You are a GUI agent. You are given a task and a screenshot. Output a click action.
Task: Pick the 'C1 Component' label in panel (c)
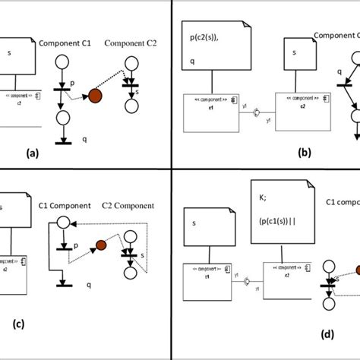coord(64,205)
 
